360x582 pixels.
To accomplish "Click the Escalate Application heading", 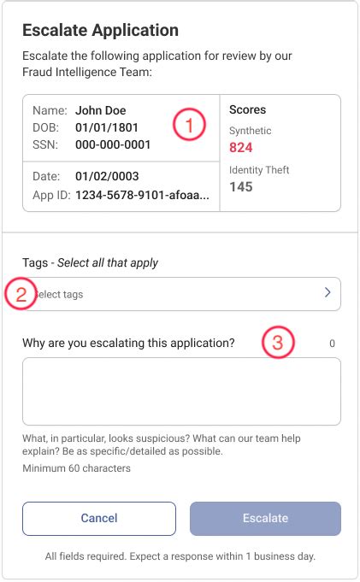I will point(100,31).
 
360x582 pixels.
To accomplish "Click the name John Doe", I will point(101,110).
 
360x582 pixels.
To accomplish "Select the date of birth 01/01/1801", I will point(107,127).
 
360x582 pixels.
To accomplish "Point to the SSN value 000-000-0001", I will point(113,144).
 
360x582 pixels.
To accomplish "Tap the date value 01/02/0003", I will point(107,177).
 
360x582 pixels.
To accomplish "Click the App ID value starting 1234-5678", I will point(141,194).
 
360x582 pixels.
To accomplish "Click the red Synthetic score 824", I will point(241,147).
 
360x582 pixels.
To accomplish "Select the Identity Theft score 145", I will point(241,186).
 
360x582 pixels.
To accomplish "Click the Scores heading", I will point(248,110).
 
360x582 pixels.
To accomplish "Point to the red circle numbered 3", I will point(277,344).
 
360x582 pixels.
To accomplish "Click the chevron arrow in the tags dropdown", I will point(328,293).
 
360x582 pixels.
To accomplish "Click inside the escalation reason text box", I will point(181,391).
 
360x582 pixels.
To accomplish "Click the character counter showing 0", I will point(332,344).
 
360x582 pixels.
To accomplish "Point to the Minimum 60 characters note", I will point(76,468).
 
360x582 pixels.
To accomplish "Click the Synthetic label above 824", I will point(251,131).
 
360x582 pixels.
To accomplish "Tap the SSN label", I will point(44,144).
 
